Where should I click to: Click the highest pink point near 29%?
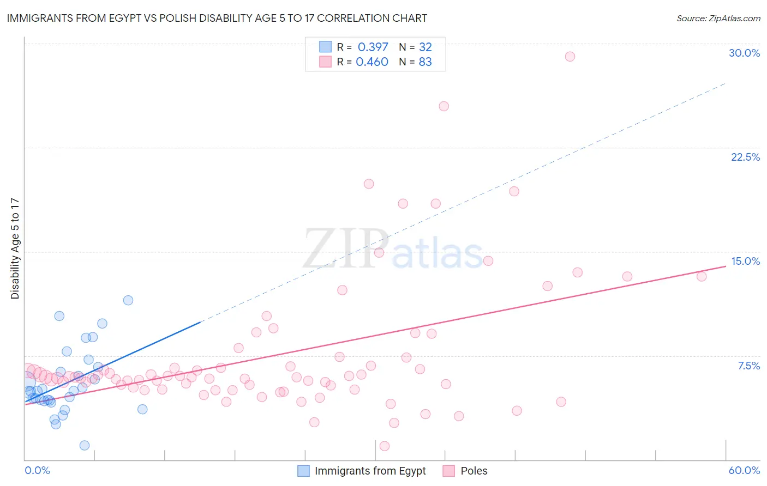570,57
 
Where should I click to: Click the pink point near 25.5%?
444,106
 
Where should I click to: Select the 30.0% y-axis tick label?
744,53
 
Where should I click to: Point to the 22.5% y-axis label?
745,157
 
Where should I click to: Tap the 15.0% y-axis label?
745,261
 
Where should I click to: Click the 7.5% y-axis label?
748,366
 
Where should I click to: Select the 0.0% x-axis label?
37,470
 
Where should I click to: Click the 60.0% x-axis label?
744,470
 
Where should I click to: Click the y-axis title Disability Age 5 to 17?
15,248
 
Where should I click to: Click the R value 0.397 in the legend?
373,47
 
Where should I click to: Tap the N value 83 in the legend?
425,62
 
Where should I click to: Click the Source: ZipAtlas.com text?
718,19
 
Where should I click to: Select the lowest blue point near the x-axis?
85,446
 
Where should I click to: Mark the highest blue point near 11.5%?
128,300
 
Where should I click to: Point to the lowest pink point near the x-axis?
385,446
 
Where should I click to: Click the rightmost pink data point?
702,276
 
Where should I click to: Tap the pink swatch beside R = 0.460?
325,62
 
